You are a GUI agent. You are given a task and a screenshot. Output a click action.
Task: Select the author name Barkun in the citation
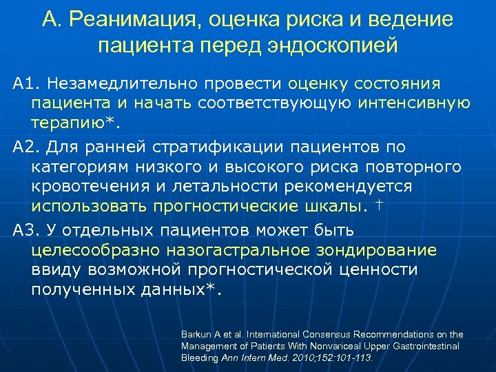(195, 334)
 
